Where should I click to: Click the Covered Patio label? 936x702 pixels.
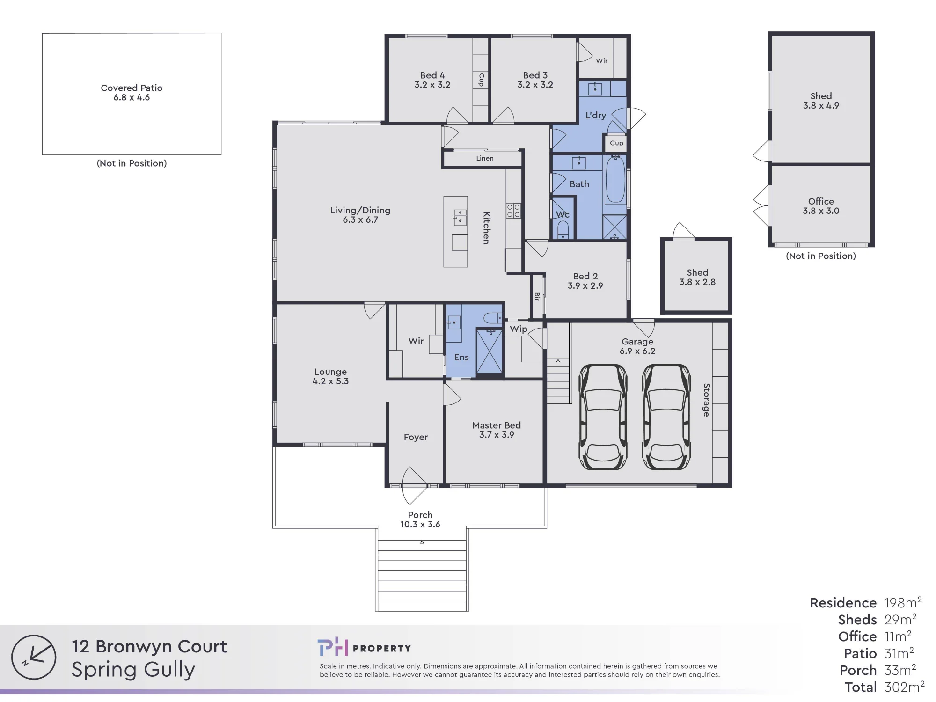click(132, 88)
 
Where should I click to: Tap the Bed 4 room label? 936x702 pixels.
click(432, 75)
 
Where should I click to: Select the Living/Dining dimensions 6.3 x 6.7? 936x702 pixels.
click(360, 220)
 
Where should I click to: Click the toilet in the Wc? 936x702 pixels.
click(563, 230)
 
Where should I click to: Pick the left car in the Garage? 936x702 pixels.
click(603, 417)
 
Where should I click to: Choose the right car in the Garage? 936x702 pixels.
click(666, 417)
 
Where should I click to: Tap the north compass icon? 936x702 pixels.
click(34, 657)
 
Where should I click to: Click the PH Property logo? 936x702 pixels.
click(364, 648)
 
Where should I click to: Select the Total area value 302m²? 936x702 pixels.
click(904, 687)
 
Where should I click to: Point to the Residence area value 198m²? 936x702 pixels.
click(903, 602)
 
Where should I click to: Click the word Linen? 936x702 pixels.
click(485, 158)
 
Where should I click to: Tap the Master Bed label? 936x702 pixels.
click(497, 425)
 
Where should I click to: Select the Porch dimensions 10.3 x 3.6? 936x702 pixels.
click(420, 525)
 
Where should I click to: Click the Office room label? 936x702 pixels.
click(821, 201)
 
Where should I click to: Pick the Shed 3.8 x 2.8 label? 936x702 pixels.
click(697, 277)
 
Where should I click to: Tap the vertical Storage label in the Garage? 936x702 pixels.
click(707, 400)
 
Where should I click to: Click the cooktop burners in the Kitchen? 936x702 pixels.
click(513, 211)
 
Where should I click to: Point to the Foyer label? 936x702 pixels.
click(416, 437)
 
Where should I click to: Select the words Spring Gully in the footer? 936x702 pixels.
click(133, 670)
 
